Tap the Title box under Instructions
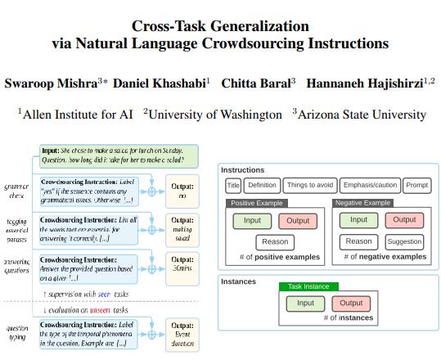pos(233,186)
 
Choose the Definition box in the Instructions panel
pos(263,186)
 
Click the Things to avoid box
pos(309,186)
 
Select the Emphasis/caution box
pos(370,186)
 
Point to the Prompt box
pos(416,186)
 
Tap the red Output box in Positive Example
pos(298,220)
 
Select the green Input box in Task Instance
pos(305,304)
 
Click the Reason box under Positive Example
pos(275,242)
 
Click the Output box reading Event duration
pos(182,336)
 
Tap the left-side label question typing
pos(17,335)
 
